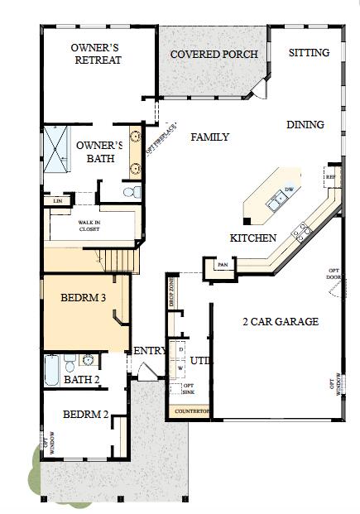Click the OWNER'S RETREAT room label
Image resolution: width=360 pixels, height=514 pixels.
[97, 54]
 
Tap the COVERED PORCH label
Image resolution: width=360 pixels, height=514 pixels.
[214, 55]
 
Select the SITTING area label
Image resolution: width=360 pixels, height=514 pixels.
[309, 52]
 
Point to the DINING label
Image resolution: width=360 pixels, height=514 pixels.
[305, 124]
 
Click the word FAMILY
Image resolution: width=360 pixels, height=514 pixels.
[210, 137]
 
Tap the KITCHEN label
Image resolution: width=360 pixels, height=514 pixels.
[252, 238]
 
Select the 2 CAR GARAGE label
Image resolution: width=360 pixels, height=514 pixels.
[280, 321]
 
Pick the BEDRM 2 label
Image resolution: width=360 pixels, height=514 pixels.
[86, 414]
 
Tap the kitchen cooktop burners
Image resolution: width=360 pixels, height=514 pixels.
[303, 229]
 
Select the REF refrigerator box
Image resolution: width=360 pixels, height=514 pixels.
[329, 175]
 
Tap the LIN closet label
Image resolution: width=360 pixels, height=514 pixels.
[57, 200]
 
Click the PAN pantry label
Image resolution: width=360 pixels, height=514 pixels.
[222, 265]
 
